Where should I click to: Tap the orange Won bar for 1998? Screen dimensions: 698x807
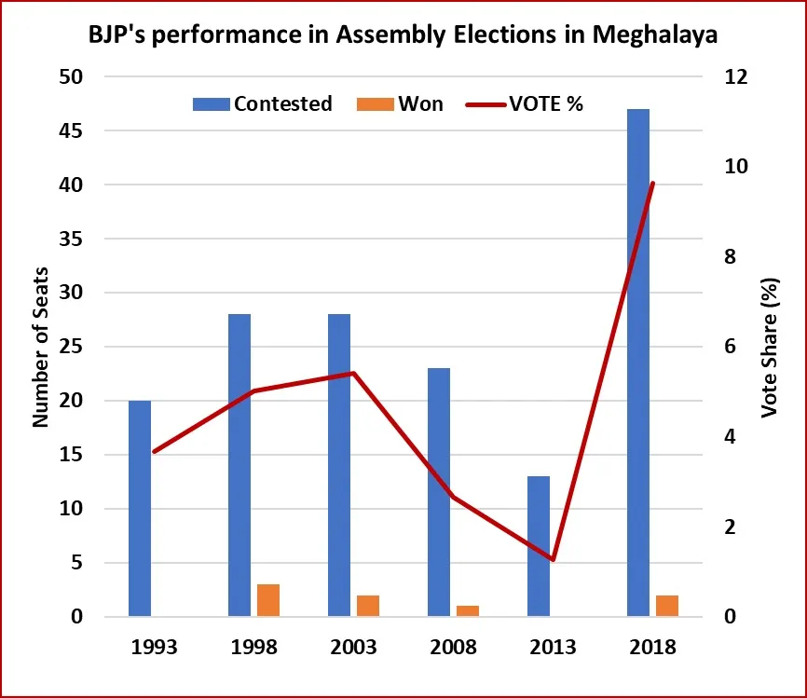(268, 600)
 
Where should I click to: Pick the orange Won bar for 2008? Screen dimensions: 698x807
(468, 611)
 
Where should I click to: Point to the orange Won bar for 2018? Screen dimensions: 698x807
(667, 606)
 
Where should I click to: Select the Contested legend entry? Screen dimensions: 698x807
(263, 103)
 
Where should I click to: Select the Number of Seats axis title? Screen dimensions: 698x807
(41, 347)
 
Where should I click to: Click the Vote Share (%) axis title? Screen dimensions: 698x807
(770, 347)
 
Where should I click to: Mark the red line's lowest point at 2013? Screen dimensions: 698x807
(553, 560)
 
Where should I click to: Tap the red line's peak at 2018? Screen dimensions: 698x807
(652, 184)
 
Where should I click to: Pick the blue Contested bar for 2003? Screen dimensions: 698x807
(339, 466)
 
